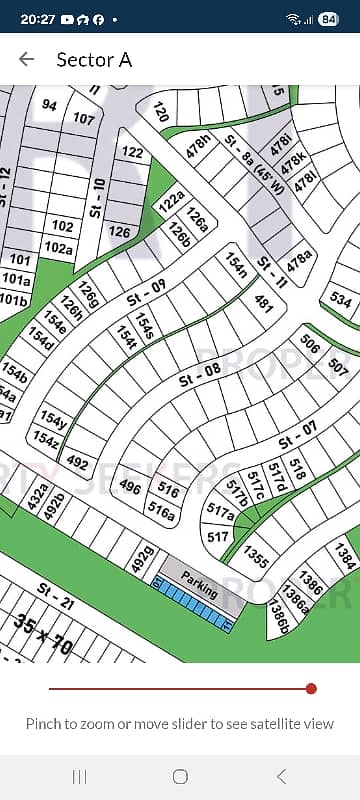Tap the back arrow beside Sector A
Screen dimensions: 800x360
(x=27, y=59)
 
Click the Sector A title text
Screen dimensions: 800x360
(x=94, y=59)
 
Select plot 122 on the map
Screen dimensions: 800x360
(x=132, y=153)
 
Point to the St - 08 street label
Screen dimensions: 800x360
(x=199, y=375)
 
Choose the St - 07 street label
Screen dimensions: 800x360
(x=297, y=435)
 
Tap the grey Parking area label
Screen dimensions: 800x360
(x=199, y=585)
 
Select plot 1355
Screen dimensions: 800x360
(x=255, y=557)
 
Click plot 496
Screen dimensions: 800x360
(x=130, y=487)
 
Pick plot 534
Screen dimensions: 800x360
(x=341, y=299)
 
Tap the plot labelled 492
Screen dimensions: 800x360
(x=77, y=463)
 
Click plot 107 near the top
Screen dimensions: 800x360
(x=84, y=118)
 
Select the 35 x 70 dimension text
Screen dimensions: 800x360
(x=44, y=634)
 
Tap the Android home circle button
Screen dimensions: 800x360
(x=180, y=776)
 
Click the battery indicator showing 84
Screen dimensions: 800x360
(x=329, y=19)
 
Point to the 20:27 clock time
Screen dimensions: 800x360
(x=36, y=19)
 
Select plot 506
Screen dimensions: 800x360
(x=309, y=345)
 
